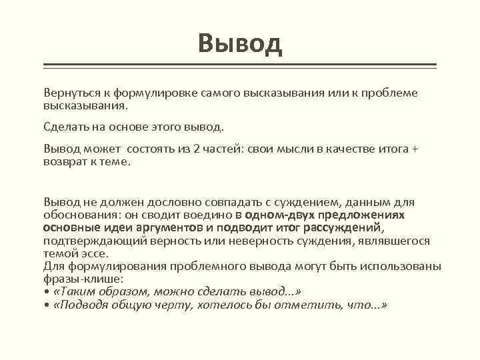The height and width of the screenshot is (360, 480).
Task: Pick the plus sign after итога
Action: coord(414,149)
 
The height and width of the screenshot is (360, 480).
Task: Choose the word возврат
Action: coord(64,161)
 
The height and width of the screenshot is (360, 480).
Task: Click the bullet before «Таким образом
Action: coord(46,291)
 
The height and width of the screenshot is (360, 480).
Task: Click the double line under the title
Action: coord(240,66)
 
